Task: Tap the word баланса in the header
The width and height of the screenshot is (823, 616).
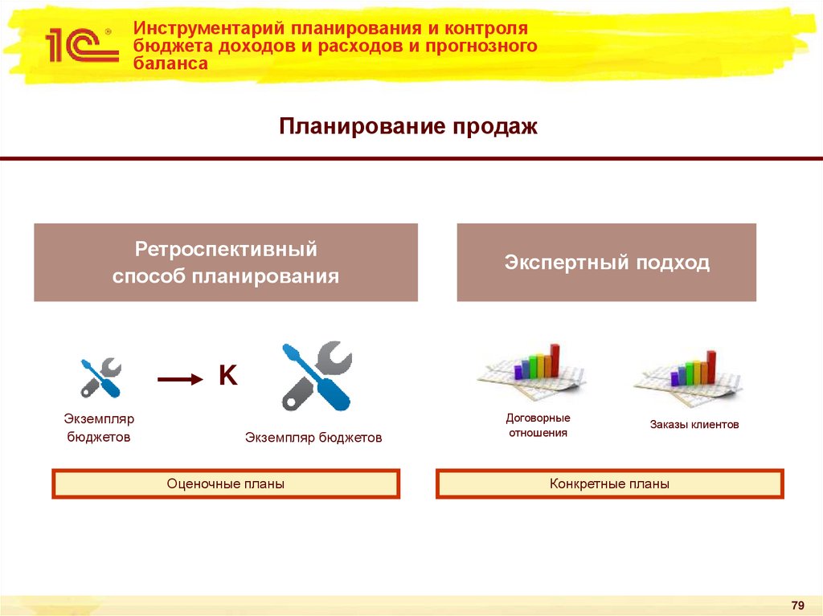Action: pyautogui.click(x=170, y=63)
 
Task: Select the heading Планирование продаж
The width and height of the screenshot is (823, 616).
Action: pyautogui.click(x=407, y=127)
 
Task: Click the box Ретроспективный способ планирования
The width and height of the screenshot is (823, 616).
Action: pyautogui.click(x=226, y=263)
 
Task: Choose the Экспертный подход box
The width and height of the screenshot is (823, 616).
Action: pyautogui.click(x=607, y=263)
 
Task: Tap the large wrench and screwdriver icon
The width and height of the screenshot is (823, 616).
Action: pyautogui.click(x=315, y=376)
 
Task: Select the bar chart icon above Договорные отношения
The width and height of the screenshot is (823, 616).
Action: pyautogui.click(x=533, y=369)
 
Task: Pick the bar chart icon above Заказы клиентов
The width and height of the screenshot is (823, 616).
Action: pyautogui.click(x=690, y=373)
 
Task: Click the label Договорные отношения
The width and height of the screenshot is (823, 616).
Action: pyautogui.click(x=537, y=425)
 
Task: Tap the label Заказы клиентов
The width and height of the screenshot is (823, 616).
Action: pyautogui.click(x=694, y=424)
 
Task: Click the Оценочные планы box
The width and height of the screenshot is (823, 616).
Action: pyautogui.click(x=226, y=484)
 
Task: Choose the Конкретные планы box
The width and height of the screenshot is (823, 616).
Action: pyautogui.click(x=609, y=484)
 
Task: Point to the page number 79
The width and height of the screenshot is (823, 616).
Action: pyautogui.click(x=797, y=604)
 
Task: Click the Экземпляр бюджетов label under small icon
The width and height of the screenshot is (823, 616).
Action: pyautogui.click(x=99, y=428)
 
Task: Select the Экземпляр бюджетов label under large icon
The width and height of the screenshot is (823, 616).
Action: pyautogui.click(x=313, y=438)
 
